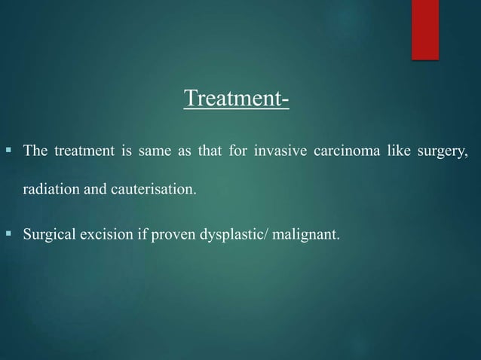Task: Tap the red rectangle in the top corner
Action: click(424, 29)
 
